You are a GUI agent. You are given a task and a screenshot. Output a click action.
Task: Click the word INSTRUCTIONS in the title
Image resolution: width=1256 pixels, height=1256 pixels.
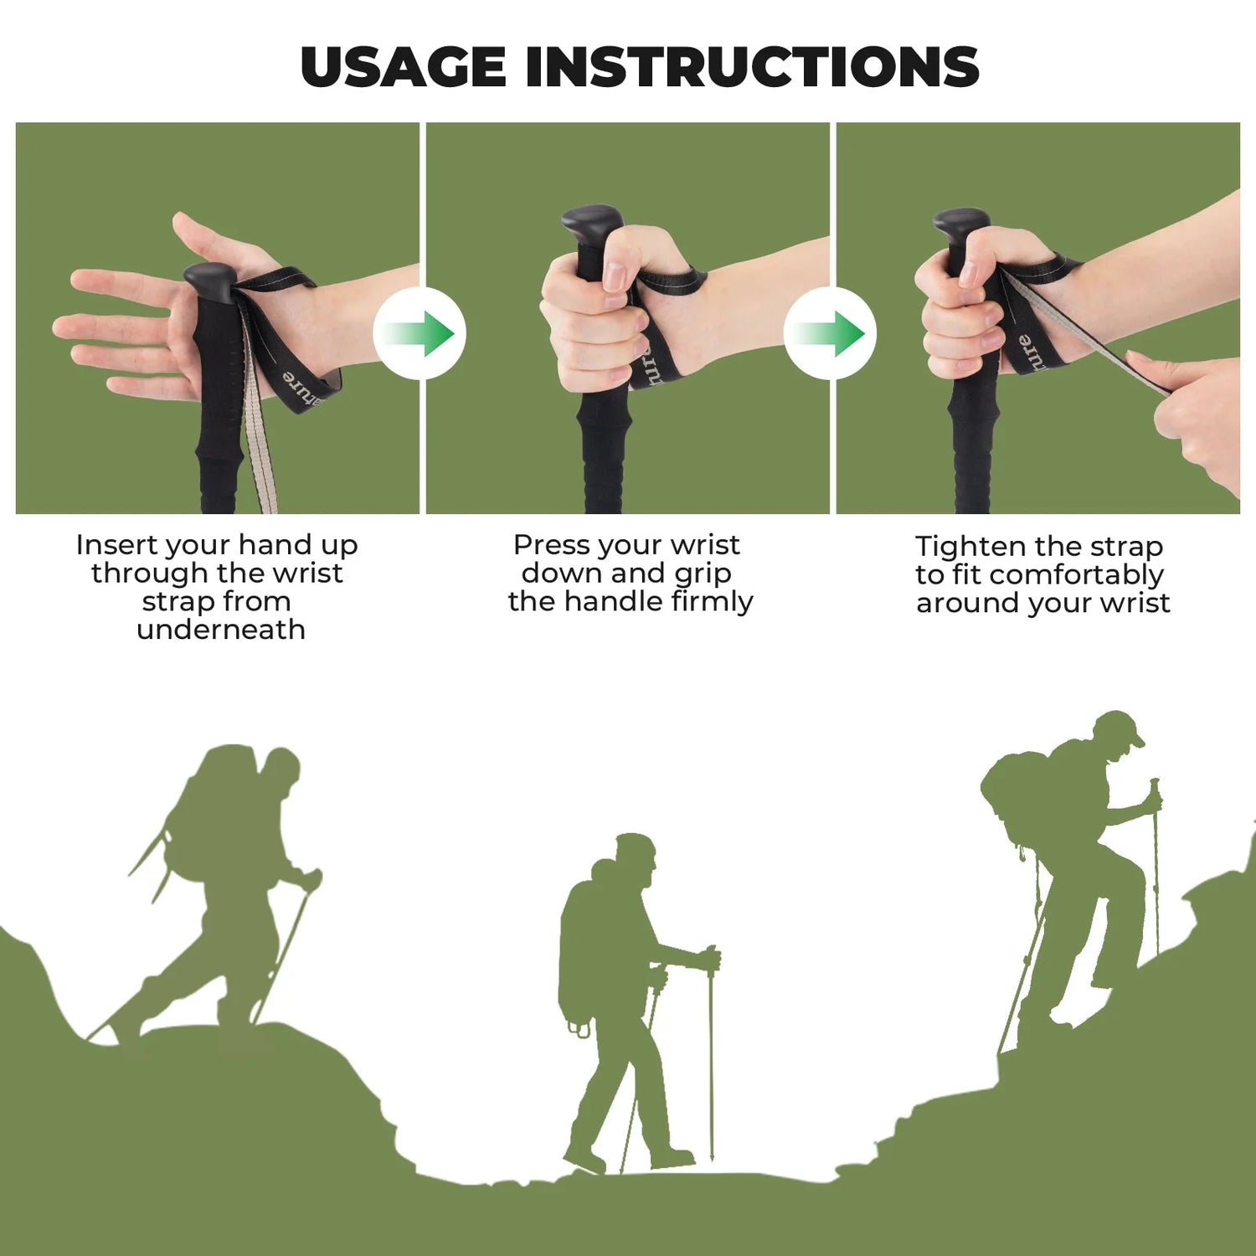tap(751, 67)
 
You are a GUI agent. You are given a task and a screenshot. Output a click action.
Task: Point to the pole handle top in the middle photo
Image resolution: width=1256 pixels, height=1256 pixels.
tap(591, 221)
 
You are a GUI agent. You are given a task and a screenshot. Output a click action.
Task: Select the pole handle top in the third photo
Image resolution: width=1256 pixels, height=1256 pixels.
tap(961, 223)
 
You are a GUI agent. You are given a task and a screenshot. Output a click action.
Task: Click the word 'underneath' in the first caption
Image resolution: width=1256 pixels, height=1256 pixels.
tap(221, 630)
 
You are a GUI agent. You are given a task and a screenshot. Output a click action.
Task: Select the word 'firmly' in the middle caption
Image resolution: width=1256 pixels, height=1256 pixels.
tap(712, 601)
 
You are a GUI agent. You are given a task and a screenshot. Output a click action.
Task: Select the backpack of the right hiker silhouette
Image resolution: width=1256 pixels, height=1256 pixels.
tap(1016, 791)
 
